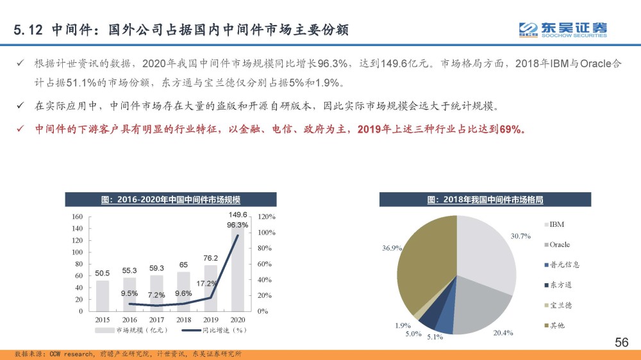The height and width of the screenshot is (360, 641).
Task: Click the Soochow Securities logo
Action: click(x=563, y=29)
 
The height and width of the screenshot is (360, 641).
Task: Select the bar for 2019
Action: click(x=211, y=288)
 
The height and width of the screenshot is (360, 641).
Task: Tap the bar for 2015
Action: click(x=103, y=295)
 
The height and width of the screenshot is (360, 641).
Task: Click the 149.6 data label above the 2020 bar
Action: click(x=238, y=215)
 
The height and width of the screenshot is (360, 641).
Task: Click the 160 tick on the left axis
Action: click(x=78, y=217)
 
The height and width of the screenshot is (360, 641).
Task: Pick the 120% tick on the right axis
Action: click(x=267, y=217)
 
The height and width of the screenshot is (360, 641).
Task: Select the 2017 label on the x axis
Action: click(x=156, y=319)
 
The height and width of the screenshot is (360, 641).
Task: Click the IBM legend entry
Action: click(x=556, y=224)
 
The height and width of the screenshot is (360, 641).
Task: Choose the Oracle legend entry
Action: click(x=559, y=245)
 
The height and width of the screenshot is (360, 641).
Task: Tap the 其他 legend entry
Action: click(x=556, y=326)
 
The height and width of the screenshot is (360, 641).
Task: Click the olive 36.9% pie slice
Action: click(x=423, y=269)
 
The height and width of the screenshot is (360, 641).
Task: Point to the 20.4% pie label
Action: click(x=503, y=332)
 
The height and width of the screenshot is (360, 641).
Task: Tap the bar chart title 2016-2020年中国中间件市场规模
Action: click(x=170, y=200)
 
